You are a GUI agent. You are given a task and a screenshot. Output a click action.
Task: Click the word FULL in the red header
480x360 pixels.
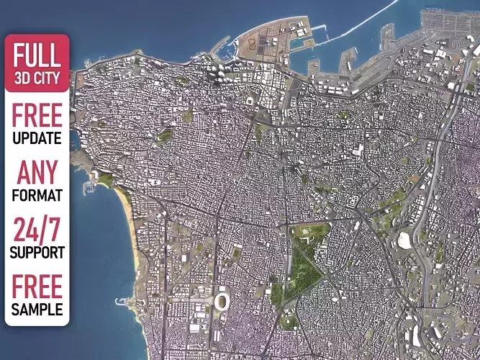pyautogui.click(x=37, y=55)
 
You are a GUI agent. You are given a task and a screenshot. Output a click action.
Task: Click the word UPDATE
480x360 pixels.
pyautogui.click(x=37, y=138)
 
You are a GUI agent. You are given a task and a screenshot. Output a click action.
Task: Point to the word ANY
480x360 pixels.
pyautogui.click(x=37, y=174)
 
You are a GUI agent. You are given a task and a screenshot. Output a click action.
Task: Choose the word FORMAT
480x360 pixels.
pyautogui.click(x=37, y=195)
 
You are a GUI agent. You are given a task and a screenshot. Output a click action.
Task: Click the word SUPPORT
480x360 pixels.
pyautogui.click(x=37, y=253)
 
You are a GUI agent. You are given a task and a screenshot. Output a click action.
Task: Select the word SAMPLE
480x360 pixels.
pyautogui.click(x=37, y=310)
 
